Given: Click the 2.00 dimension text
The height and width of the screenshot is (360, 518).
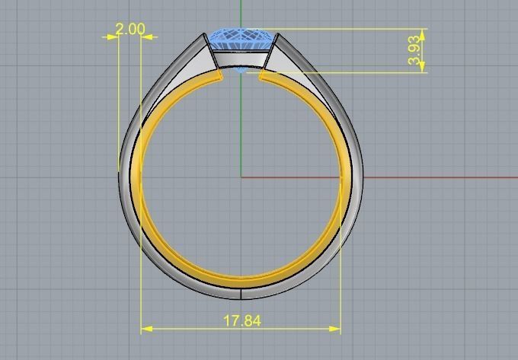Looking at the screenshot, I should point(129,29).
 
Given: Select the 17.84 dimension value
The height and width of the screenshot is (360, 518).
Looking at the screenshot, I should point(241,320).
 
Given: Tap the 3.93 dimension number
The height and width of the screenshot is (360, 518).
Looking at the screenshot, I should point(414,50).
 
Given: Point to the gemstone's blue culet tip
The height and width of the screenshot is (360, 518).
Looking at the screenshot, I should point(241,71).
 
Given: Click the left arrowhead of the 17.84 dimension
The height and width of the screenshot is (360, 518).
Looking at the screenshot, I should point(145,329).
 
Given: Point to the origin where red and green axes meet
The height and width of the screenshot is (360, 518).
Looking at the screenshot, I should point(241,177).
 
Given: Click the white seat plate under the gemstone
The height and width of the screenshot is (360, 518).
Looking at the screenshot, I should point(241,59).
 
